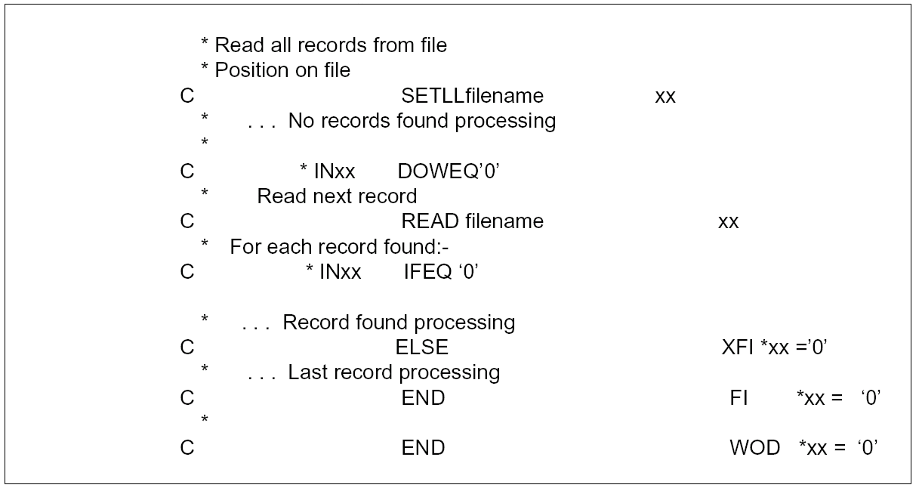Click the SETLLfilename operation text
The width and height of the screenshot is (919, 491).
[472, 97]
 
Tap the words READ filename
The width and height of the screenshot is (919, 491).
[472, 221]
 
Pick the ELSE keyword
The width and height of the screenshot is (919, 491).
[421, 347]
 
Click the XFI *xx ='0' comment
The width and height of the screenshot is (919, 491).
[776, 347]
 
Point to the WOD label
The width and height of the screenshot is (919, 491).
[754, 447]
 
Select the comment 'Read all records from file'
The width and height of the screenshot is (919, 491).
[331, 45]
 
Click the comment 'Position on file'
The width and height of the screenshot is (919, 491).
[282, 70]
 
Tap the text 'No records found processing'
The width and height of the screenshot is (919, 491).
[421, 121]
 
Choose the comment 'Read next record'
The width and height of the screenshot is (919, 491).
[337, 196]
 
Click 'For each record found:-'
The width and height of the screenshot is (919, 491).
[340, 247]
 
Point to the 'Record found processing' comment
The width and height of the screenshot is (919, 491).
[399, 323]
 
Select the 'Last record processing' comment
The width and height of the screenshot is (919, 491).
[393, 372]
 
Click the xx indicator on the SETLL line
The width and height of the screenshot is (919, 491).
[665, 97]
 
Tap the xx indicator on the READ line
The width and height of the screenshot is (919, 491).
[728, 222]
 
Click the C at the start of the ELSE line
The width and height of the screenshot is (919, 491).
[187, 347]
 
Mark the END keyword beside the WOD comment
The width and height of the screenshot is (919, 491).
[423, 447]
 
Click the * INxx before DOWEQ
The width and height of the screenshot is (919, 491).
[328, 171]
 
